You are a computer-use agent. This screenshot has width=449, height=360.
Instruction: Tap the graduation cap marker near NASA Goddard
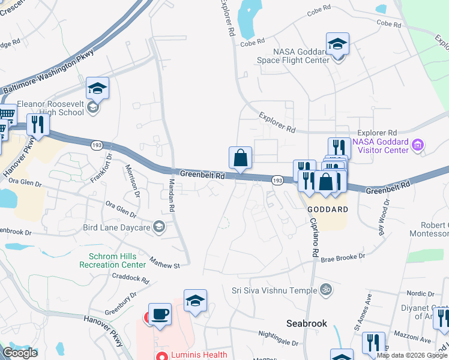tap(337, 44)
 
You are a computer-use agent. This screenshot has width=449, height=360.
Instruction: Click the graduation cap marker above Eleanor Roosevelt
tap(97, 89)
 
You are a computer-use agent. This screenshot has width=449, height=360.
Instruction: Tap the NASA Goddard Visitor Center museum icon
tap(419, 145)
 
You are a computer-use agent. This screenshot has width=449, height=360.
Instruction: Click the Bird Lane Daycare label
tap(116, 227)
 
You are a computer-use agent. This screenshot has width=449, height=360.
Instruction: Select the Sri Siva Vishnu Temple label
tap(274, 290)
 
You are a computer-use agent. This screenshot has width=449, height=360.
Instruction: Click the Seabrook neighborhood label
tap(306, 323)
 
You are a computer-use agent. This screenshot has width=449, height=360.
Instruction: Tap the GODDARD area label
tap(327, 209)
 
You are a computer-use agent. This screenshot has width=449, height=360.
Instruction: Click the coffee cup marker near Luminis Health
tap(160, 314)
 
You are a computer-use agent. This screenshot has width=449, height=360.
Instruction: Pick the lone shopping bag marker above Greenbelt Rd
tap(240, 158)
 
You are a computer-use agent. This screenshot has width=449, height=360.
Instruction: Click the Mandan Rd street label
tap(171, 196)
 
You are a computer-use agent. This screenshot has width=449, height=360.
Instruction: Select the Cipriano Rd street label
tap(313, 237)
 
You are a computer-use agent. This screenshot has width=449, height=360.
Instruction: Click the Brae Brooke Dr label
tap(343, 257)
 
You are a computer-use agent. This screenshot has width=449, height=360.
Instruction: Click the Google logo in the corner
tap(20, 353)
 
